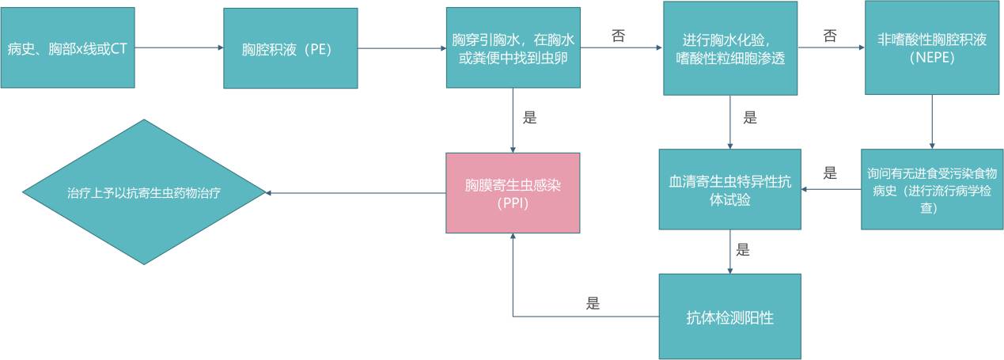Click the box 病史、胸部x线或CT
point(67,47)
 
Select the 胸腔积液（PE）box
point(290,48)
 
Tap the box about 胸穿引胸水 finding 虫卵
point(513,47)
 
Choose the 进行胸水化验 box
point(730,48)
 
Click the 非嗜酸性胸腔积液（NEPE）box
point(931,47)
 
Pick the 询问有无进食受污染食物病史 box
point(931,189)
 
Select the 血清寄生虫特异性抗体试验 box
point(730,191)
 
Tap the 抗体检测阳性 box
point(729,316)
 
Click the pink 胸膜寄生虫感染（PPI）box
point(513,193)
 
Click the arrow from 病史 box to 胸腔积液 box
point(179,47)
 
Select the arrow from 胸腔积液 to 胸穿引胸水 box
point(402,48)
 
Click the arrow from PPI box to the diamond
point(355,193)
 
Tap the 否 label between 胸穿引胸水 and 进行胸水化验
point(619,36)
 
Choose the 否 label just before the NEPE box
point(830,36)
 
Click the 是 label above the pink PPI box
point(529,118)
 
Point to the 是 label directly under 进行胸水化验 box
point(750,118)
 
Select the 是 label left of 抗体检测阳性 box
point(593,303)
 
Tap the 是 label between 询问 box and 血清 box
point(830,173)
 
